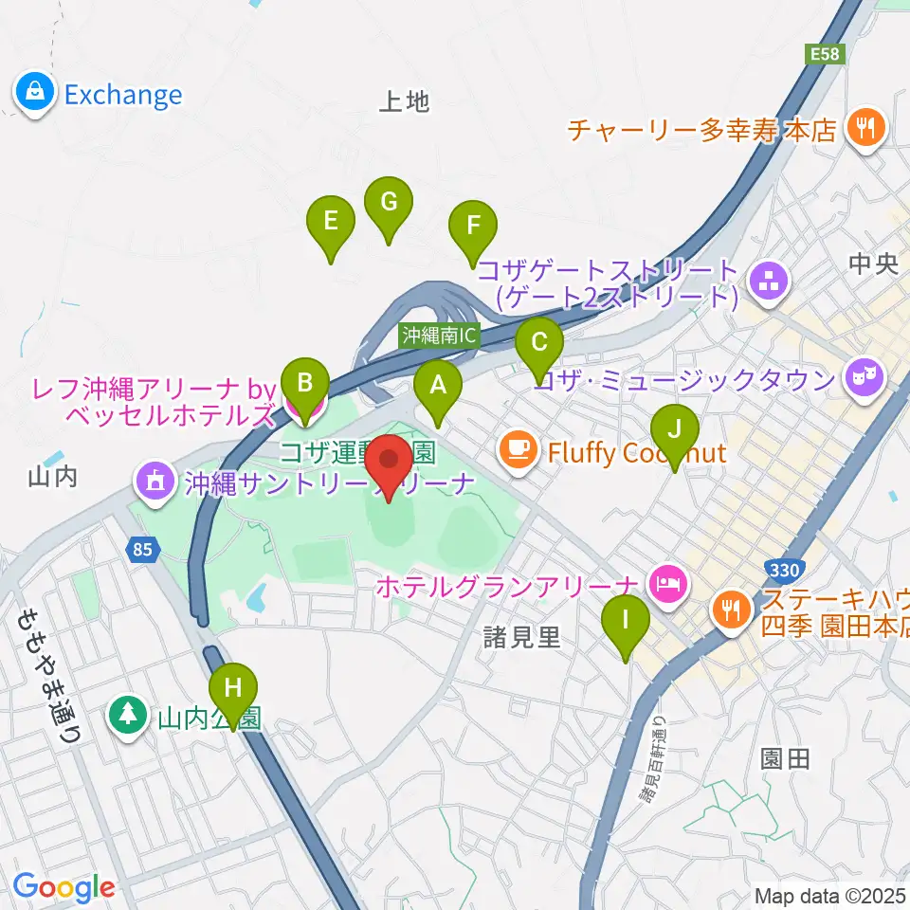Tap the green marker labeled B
(305, 384)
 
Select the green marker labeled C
(539, 345)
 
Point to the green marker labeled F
(473, 227)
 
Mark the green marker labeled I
(626, 622)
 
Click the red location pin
(389, 464)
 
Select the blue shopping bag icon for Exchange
(34, 94)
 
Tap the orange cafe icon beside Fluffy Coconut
(518, 447)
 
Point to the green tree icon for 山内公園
(126, 713)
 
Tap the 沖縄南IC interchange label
(440, 335)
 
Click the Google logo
(64, 887)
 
